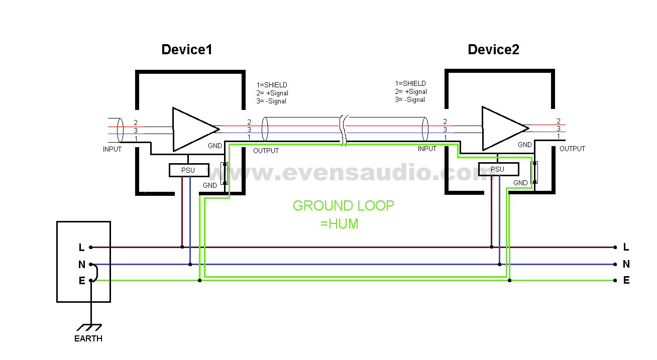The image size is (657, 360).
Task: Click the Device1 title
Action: coord(186,50)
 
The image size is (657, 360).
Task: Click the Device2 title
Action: coord(493,50)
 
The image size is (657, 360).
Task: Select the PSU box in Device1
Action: coord(188,170)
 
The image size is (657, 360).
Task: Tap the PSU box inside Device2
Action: coord(497,169)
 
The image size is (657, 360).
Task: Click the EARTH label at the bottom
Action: coord(88,338)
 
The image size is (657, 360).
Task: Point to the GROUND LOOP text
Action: coord(343,206)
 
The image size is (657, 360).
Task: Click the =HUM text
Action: coord(339,224)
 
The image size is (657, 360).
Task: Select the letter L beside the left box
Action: coord(81,247)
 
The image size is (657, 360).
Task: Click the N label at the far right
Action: coord(626,264)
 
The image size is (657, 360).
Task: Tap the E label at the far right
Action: coord(626,281)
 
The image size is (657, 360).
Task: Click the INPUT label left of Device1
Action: coord(112,149)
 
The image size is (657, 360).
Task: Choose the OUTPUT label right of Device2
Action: coord(572,149)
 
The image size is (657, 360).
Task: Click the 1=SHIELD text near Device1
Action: coord(271,85)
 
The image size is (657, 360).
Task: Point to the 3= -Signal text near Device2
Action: coord(410,100)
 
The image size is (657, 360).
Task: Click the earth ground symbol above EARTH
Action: coord(91,326)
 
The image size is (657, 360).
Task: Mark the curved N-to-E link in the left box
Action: coord(95,272)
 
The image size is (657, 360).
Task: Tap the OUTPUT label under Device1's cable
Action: coord(266,151)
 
